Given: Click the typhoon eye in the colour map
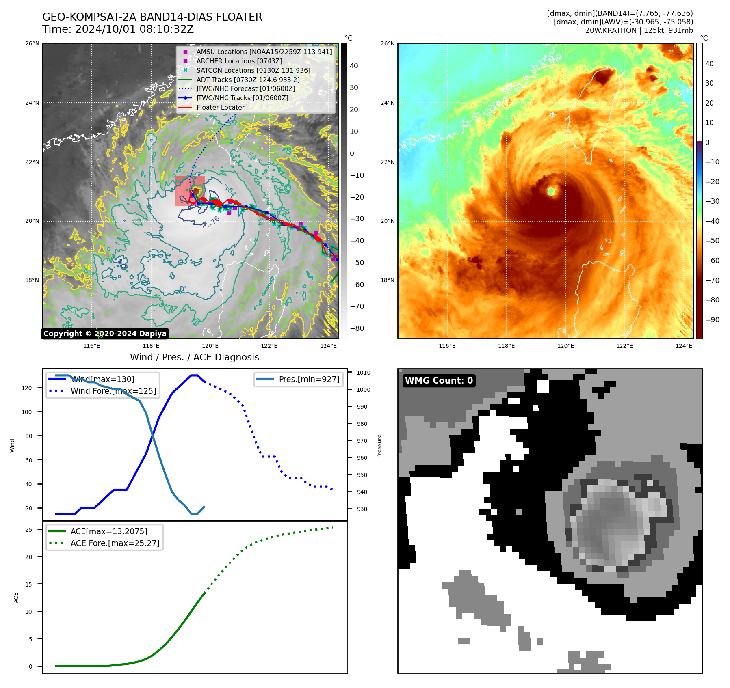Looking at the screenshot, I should click(551, 191).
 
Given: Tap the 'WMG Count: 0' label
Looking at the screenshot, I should click(439, 381).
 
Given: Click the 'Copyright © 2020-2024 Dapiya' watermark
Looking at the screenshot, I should click(105, 334).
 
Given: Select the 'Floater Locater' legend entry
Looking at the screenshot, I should click(220, 108).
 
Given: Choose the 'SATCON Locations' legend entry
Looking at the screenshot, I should click(253, 70).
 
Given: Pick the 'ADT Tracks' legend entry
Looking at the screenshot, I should click(248, 80).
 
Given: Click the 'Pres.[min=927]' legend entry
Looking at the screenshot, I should click(309, 380).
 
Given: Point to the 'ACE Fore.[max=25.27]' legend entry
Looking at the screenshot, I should click(115, 543).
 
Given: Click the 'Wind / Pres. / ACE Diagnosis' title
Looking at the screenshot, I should click(194, 357).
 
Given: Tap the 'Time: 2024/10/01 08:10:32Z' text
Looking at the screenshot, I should click(118, 30).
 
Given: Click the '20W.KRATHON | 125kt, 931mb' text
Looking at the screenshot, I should click(639, 30).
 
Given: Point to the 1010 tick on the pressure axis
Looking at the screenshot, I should click(364, 373).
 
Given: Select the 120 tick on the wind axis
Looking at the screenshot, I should click(27, 388).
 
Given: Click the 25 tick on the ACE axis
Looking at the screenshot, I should click(28, 530).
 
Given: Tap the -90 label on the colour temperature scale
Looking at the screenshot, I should click(712, 320).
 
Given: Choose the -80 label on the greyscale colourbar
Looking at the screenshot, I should click(357, 328).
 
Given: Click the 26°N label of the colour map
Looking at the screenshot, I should click(388, 43).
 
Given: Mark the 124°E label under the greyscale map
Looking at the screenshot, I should click(328, 346).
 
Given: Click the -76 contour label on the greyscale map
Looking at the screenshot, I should click(214, 221).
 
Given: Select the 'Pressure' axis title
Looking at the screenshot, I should click(379, 446).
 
